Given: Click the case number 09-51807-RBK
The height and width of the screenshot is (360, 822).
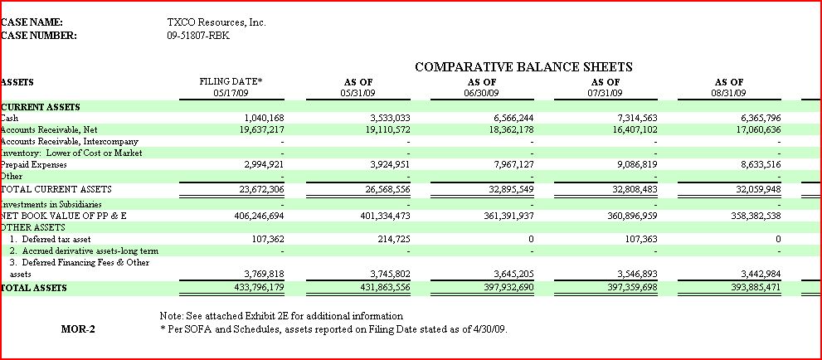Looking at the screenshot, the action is (198, 36).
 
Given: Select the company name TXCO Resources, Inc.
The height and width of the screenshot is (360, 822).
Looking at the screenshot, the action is (216, 22).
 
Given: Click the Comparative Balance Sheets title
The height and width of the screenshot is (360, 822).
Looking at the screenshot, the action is (523, 67).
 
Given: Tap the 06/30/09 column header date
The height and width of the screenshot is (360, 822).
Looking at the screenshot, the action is (482, 93).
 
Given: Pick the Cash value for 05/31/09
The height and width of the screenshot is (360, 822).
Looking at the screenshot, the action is (388, 119).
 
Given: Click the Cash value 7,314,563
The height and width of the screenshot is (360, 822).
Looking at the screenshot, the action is (635, 119).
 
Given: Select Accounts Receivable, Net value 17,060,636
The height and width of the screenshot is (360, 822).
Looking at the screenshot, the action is (758, 129).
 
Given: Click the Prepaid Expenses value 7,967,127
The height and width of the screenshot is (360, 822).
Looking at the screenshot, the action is (512, 164).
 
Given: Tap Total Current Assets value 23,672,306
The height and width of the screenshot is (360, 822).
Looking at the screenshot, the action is (261, 190).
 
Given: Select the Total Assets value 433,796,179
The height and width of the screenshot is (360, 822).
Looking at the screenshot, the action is (259, 288).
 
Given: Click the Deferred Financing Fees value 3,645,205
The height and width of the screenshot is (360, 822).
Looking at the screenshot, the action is (512, 274).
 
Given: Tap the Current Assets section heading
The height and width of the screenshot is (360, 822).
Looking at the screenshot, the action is (41, 107).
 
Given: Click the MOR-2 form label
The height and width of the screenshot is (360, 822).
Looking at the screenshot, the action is (78, 329).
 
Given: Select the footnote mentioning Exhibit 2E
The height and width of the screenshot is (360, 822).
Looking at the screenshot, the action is (281, 316).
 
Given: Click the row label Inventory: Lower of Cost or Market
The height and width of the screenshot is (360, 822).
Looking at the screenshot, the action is (72, 153).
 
